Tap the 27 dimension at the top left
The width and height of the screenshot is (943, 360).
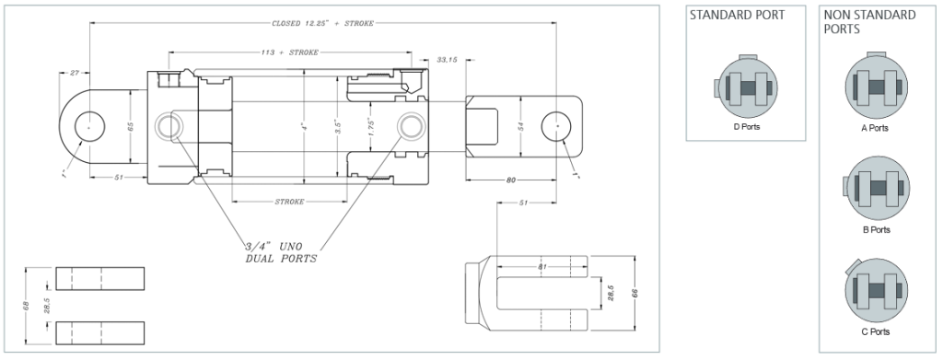75,71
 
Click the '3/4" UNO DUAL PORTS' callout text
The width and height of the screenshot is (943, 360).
281,252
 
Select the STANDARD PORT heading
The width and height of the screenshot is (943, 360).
737,16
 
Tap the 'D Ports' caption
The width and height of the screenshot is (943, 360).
746,127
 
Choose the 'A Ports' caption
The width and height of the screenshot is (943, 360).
874,128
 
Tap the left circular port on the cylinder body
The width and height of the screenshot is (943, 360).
170,126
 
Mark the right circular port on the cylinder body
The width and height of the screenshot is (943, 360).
411,126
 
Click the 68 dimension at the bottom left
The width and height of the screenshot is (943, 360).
26,305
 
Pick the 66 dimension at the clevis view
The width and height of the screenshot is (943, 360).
635,293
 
